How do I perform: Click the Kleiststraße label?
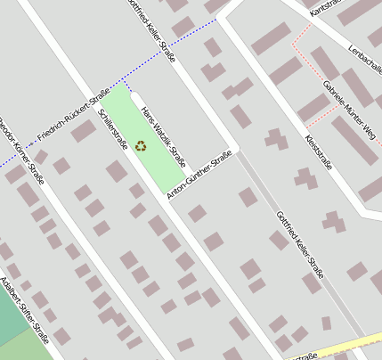tap(318, 151)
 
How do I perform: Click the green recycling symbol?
tap(141, 144)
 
